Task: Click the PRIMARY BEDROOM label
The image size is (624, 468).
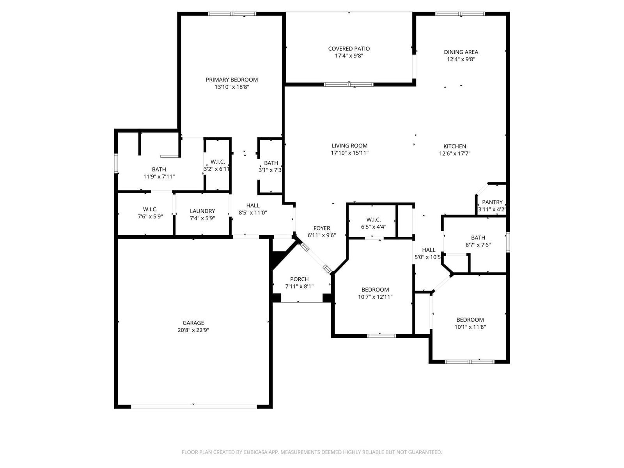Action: coord(232,80)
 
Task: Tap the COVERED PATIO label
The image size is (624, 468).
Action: coord(349,49)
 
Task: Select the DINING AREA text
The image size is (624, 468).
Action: coord(461,52)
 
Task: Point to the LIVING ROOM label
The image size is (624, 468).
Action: coord(349,146)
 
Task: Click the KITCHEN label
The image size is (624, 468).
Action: coord(455,146)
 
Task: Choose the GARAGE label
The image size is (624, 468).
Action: coord(193,323)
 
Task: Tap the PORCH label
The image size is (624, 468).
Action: coord(300,279)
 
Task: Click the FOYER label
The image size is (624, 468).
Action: coord(322,228)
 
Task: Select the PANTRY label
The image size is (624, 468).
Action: coord(492,202)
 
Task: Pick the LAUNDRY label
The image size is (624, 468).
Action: coord(202,211)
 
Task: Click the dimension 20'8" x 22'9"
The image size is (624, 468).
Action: coord(193,330)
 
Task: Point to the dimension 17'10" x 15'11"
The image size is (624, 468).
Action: coord(349,153)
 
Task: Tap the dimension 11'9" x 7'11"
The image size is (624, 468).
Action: coord(159,176)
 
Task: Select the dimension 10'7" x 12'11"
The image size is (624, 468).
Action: coord(375,297)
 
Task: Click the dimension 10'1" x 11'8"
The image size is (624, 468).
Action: coord(470,327)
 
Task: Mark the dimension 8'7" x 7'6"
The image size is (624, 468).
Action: coord(478,245)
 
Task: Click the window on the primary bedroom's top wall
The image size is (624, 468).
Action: coord(232,14)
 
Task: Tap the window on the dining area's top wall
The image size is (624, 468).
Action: coord(460,14)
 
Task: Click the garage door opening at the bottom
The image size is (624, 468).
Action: coord(194,407)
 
